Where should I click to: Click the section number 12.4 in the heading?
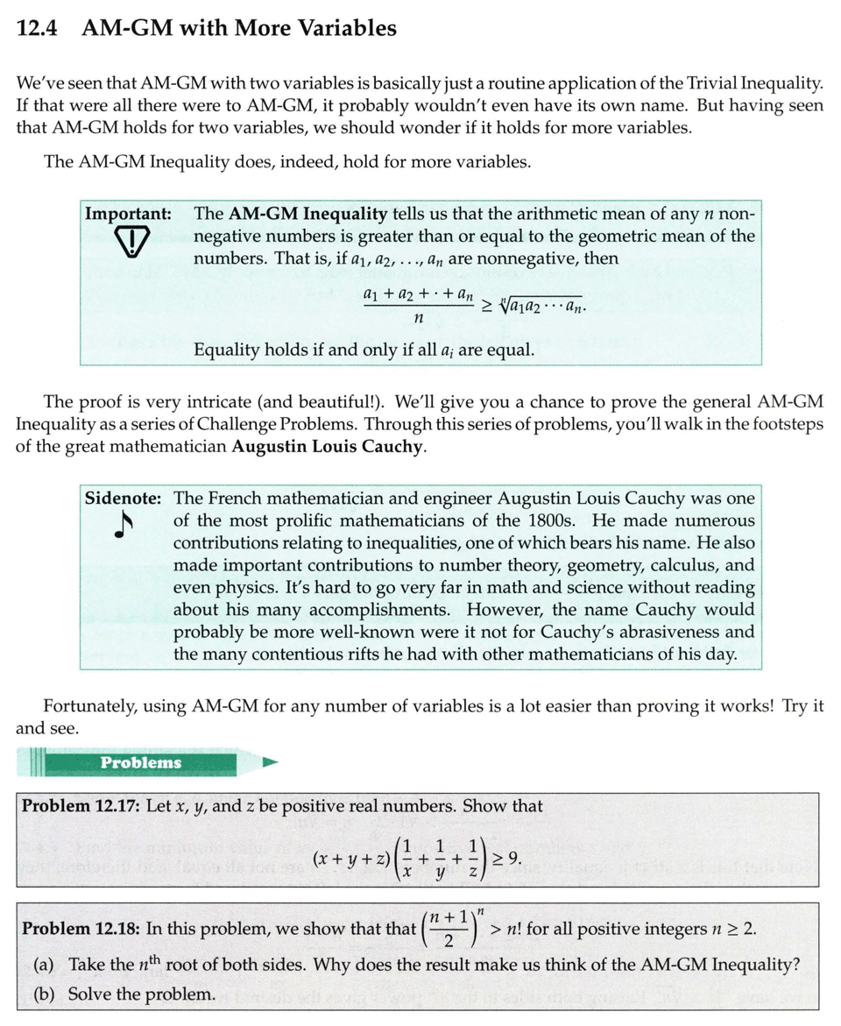[x=37, y=28]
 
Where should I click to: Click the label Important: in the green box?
[x=127, y=214]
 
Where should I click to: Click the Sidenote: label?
[x=123, y=499]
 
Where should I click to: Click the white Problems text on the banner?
[x=140, y=762]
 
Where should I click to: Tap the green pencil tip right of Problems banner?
[x=270, y=762]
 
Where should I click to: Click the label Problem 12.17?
[x=81, y=806]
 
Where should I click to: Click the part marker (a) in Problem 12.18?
[x=44, y=965]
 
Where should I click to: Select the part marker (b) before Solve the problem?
[x=45, y=994]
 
